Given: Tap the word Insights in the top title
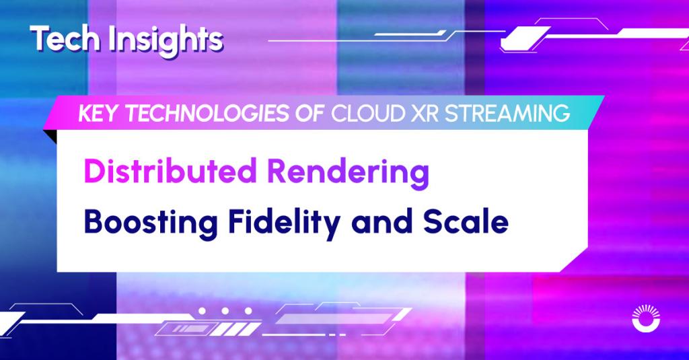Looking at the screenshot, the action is coord(166,40).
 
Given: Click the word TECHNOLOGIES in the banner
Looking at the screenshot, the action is coord(207,114).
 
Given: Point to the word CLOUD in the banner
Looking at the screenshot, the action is coord(368,114).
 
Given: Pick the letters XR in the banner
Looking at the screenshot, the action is coord(425,114).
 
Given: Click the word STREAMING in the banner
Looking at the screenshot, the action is coord(507,114).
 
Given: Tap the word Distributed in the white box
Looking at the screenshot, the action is coord(170,171).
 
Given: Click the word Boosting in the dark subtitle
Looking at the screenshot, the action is coord(151,223).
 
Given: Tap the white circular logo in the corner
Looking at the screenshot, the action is coord(645,318).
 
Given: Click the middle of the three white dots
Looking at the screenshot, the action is coord(225,311).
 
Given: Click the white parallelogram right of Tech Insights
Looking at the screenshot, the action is coord(525,38).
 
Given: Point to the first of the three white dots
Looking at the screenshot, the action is coord(202,311).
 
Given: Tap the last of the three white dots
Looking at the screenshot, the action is coord(249,311).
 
